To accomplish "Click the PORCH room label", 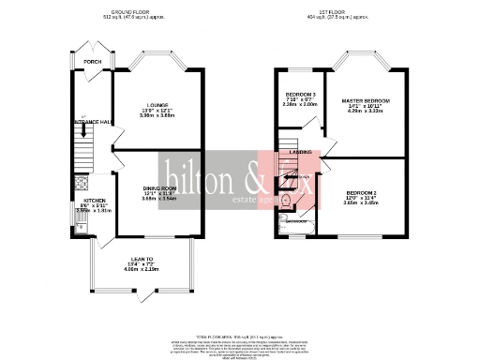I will (92, 62).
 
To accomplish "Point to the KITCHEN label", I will (95, 201).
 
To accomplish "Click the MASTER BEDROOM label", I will (366, 100).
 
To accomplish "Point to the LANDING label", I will (300, 151).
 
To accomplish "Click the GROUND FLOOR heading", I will (128, 11).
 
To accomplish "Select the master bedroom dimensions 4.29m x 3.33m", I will (366, 112).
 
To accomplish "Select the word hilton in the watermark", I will (196, 175).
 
